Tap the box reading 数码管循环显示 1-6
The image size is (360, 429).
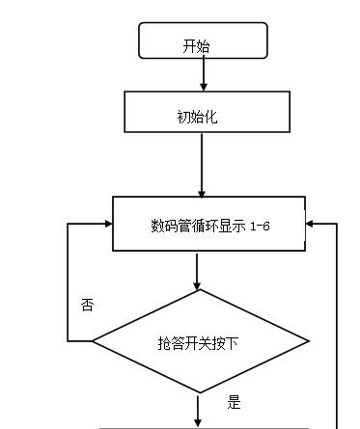pyautogui.click(x=208, y=225)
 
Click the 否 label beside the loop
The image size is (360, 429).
pyautogui.click(x=88, y=305)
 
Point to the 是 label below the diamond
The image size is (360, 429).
pyautogui.click(x=233, y=401)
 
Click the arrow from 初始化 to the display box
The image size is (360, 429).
pyautogui.click(x=202, y=164)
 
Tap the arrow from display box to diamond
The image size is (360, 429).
pyautogui.click(x=198, y=272)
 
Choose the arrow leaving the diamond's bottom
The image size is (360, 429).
pyautogui.click(x=199, y=408)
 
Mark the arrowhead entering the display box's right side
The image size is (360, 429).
pyautogui.click(x=311, y=225)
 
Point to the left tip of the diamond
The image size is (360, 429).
pyautogui.click(x=93, y=341)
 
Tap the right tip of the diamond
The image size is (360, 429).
pyautogui.click(x=308, y=341)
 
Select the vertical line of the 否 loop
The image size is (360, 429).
pyautogui.click(x=67, y=282)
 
